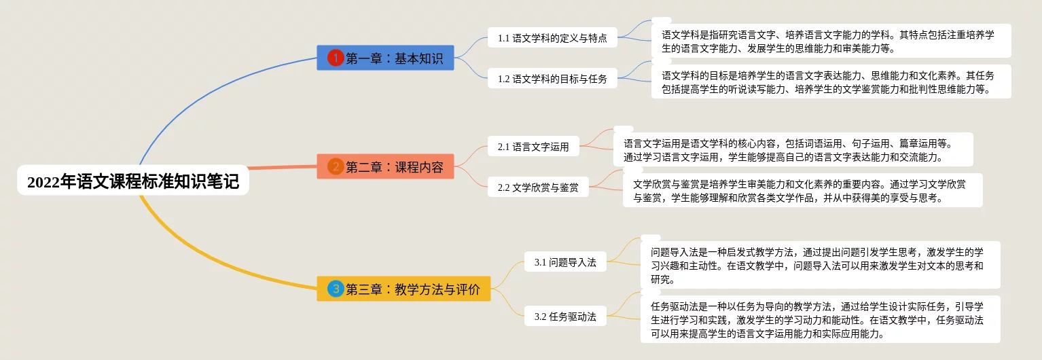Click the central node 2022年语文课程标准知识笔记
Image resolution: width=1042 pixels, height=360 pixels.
click(x=133, y=181)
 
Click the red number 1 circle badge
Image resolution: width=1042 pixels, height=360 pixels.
click(x=336, y=58)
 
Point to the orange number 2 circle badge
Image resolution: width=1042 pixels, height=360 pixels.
click(x=336, y=166)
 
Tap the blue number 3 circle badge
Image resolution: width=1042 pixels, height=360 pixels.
click(x=336, y=289)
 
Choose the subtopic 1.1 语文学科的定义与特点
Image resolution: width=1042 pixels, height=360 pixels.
click(x=552, y=38)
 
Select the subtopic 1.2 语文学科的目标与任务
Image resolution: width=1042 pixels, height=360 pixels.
click(x=552, y=79)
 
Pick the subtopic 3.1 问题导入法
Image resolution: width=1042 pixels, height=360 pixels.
click(x=565, y=262)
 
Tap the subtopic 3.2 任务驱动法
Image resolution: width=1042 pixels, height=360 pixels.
click(x=565, y=317)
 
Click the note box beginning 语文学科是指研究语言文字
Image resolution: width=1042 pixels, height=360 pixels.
click(x=831, y=41)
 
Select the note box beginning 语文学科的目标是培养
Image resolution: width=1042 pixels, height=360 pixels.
click(x=831, y=82)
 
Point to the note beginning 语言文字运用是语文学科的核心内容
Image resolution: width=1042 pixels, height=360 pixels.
click(x=793, y=149)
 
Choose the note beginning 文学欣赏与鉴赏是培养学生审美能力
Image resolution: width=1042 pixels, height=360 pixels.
click(x=802, y=190)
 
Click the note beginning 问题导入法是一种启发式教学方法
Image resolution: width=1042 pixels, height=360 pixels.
click(x=820, y=265)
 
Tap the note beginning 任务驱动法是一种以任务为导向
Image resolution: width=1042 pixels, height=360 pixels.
click(x=820, y=319)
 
